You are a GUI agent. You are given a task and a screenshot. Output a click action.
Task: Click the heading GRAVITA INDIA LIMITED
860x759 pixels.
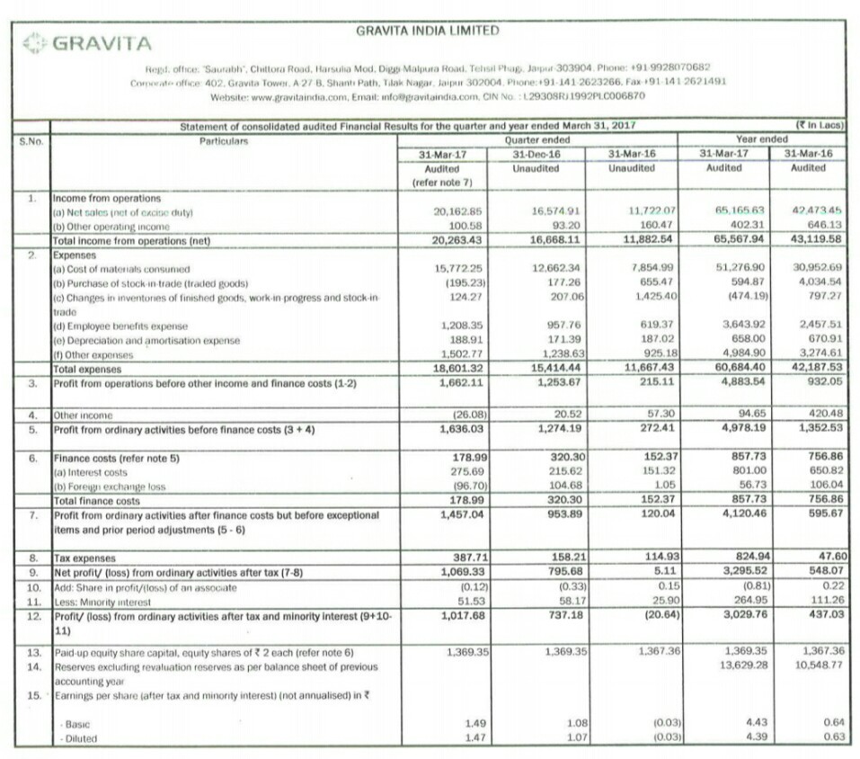coord(427,30)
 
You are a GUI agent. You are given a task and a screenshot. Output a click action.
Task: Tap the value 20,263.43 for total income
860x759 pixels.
coord(457,239)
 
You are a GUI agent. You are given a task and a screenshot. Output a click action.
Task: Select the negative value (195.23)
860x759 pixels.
coord(465,281)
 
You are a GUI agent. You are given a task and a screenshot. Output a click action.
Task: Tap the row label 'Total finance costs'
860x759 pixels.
coord(96,500)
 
